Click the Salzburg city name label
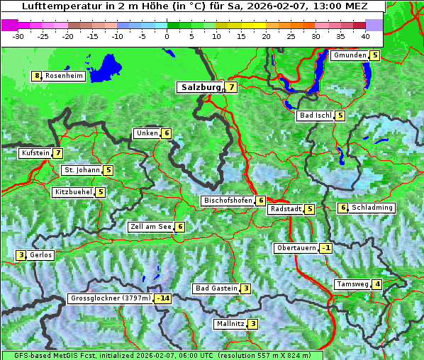(199, 87)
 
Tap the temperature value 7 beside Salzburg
(232, 87)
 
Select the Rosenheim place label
(64, 76)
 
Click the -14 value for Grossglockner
(163, 298)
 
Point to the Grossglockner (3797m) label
(111, 298)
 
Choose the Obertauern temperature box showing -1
(325, 248)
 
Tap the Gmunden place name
(350, 55)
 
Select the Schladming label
(372, 208)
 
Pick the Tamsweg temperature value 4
(378, 284)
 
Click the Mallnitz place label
(230, 324)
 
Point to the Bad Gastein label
(216, 288)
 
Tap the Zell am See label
(151, 227)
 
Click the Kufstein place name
(35, 152)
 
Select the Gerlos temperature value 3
(21, 255)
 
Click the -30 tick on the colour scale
(18, 35)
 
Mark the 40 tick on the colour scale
(365, 35)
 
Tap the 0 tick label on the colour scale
(167, 35)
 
